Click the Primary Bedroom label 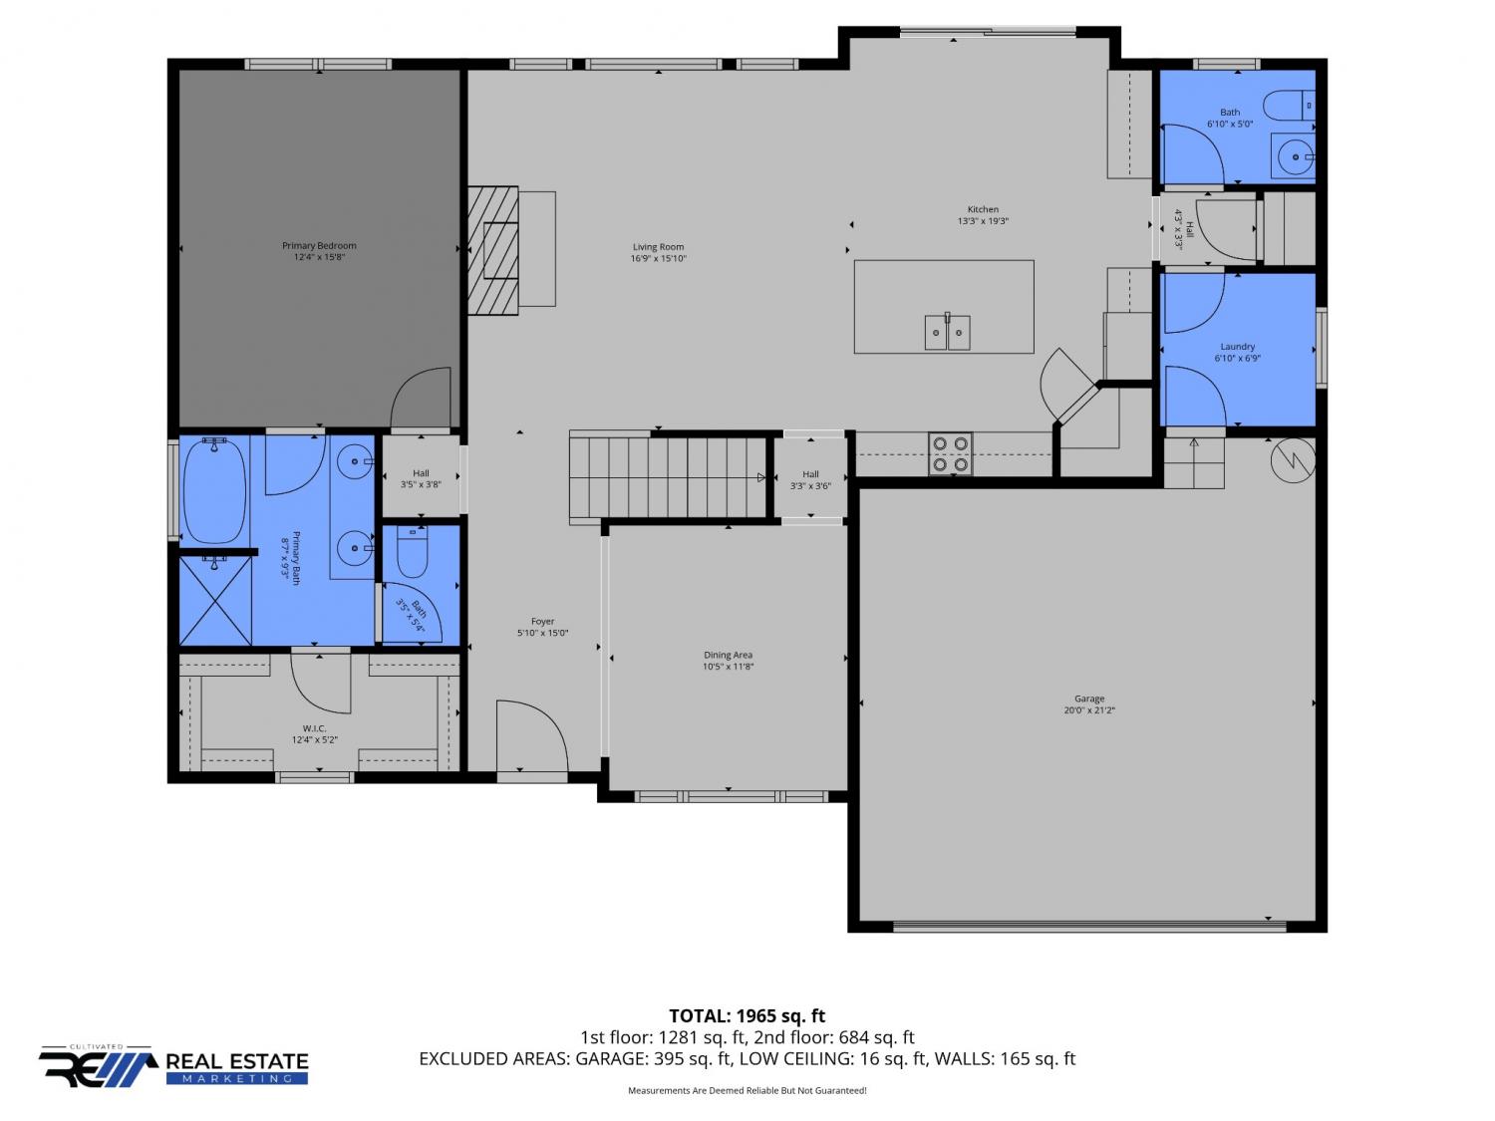pyautogui.click(x=319, y=245)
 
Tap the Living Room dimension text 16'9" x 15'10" pyautogui.click(x=658, y=259)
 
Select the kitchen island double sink pyautogui.click(x=947, y=332)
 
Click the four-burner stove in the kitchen pyautogui.click(x=950, y=454)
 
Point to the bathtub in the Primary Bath pyautogui.click(x=214, y=490)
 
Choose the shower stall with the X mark pyautogui.click(x=215, y=600)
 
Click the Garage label pyautogui.click(x=1089, y=699)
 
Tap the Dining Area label pyautogui.click(x=729, y=655)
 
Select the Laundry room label pyautogui.click(x=1238, y=347)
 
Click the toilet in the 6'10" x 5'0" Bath pyautogui.click(x=1288, y=106)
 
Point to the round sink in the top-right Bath pyautogui.click(x=1293, y=157)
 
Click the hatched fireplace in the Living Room pyautogui.click(x=493, y=250)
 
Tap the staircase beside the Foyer pyautogui.click(x=669, y=477)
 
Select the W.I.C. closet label pyautogui.click(x=315, y=728)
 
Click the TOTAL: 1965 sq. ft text pyautogui.click(x=747, y=1016)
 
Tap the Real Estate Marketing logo pyautogui.click(x=173, y=1065)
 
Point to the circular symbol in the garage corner pyautogui.click(x=1293, y=460)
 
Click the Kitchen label pyautogui.click(x=983, y=209)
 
